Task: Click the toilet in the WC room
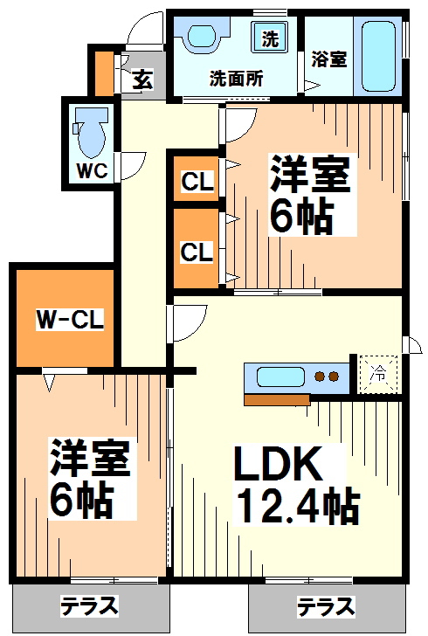(89, 132)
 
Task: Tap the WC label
(90, 171)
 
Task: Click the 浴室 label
(328, 59)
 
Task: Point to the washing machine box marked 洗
(270, 38)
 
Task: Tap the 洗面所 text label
(236, 78)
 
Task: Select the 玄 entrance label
(142, 80)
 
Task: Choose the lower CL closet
(196, 252)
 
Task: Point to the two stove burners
(326, 377)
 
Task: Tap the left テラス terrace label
(89, 605)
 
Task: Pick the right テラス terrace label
(325, 605)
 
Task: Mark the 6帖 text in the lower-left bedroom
(80, 500)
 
